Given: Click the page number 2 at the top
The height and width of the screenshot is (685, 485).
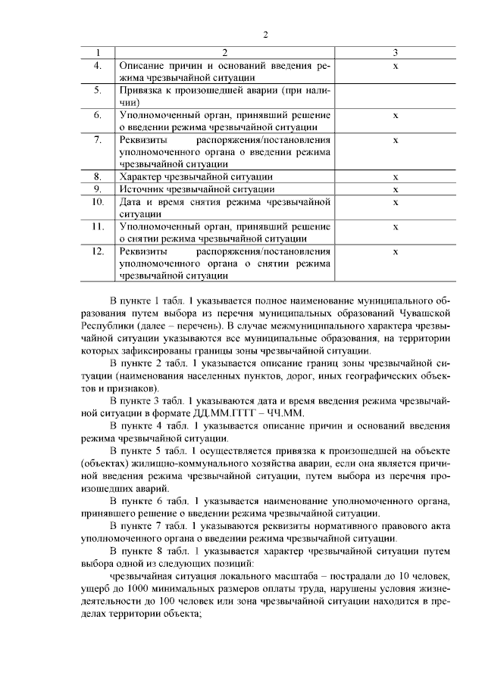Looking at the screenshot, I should (265, 35).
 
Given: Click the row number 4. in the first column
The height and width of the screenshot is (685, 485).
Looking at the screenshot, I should (98, 66).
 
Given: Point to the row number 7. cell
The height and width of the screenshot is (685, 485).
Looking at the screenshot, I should (98, 140).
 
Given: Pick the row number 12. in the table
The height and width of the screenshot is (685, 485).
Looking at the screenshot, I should (98, 251).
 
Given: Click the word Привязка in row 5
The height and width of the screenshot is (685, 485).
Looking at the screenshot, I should (141, 91).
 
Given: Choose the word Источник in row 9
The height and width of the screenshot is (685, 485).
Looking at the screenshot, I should (141, 188).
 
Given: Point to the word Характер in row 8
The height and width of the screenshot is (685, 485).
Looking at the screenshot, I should (141, 177).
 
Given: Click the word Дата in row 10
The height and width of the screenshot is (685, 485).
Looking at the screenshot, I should (131, 202).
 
